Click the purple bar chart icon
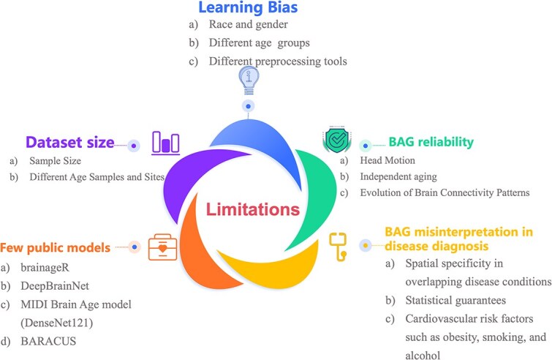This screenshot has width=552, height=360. [166, 141]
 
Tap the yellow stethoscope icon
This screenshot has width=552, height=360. [337, 244]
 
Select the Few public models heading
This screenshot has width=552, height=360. [56, 247]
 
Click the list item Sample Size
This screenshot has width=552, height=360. [55, 160]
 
